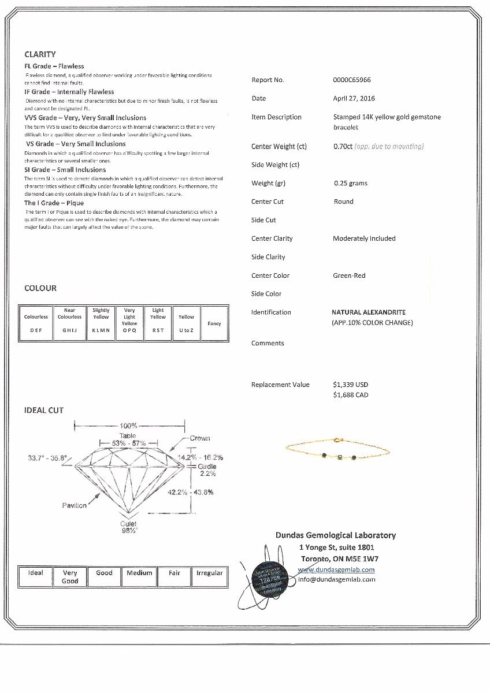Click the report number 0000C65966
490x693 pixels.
[x=352, y=80]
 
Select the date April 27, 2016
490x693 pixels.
[x=354, y=99]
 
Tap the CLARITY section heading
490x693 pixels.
[x=40, y=54]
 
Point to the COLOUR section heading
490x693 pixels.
[x=40, y=288]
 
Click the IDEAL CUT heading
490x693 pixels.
[x=44, y=411]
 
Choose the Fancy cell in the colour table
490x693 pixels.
[x=214, y=323]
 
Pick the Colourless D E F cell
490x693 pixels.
[x=36, y=323]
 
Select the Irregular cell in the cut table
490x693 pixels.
[x=209, y=573]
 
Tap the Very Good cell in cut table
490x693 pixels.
[x=70, y=576]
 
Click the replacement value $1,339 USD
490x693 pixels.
[x=350, y=385]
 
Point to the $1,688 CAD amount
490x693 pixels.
[x=350, y=395]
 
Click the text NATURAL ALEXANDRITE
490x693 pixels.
[x=368, y=312]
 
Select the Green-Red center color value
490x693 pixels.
[x=349, y=275]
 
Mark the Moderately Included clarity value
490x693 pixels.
[x=364, y=239]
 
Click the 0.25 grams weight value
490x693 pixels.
[x=350, y=183]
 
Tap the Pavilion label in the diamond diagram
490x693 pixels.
[x=74, y=505]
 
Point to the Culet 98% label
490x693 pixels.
[x=128, y=527]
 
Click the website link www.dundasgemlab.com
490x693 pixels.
[x=336, y=569]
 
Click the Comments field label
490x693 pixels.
[x=268, y=343]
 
